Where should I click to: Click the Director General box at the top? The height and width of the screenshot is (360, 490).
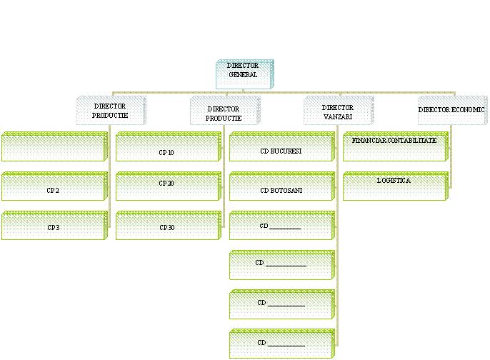click(x=244, y=74)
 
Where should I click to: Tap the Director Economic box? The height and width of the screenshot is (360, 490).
click(x=451, y=111)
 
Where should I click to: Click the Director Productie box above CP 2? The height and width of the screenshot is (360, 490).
click(x=111, y=111)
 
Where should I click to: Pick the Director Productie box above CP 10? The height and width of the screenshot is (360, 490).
click(x=224, y=111)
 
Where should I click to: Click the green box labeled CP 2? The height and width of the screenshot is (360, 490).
click(x=54, y=186)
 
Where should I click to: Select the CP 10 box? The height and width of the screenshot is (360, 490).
click(x=167, y=147)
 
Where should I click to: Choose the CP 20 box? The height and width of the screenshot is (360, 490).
click(x=167, y=186)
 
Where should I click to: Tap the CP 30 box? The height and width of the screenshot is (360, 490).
click(x=167, y=226)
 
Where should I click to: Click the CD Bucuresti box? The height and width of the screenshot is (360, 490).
click(x=281, y=147)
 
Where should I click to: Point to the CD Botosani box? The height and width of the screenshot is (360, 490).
click(x=281, y=186)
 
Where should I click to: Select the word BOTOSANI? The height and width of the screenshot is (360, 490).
click(x=287, y=191)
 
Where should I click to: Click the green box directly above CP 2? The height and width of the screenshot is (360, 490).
click(x=54, y=147)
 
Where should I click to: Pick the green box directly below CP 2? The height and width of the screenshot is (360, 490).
click(x=54, y=226)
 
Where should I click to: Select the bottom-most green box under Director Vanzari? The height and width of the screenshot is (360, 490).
click(x=281, y=344)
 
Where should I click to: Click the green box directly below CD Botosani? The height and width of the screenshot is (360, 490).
click(x=281, y=226)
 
